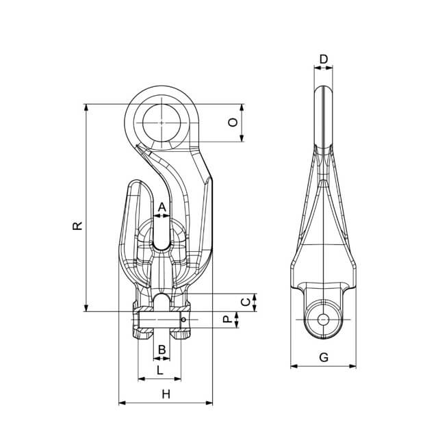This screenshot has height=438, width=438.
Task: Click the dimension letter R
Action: (x=77, y=226)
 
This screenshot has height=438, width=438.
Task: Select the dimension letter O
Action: (x=233, y=123)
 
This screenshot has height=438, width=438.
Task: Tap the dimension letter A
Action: (x=162, y=207)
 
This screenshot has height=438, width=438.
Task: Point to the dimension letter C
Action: (x=246, y=302)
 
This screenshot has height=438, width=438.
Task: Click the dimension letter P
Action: (x=228, y=320)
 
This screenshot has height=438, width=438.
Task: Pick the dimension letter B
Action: (x=162, y=350)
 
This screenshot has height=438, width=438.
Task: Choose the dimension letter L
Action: (x=159, y=370)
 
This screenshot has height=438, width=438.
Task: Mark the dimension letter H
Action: (x=166, y=394)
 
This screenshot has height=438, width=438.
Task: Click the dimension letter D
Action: (x=324, y=60)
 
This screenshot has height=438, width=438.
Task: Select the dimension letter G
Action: (x=324, y=357)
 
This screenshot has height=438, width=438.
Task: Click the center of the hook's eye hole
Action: (x=162, y=123)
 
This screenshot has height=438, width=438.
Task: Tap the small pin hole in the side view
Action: (x=323, y=320)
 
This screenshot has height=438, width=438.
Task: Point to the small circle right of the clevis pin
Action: (x=183, y=320)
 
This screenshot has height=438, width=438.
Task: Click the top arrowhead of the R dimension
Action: (x=86, y=107)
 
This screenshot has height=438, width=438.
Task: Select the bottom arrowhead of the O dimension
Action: (x=242, y=138)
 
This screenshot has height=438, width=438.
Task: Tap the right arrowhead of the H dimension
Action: (x=209, y=403)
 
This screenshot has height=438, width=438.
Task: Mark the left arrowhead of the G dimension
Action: (x=294, y=366)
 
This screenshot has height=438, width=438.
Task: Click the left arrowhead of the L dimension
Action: (x=142, y=378)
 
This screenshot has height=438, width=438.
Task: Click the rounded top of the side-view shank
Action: (x=323, y=87)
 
